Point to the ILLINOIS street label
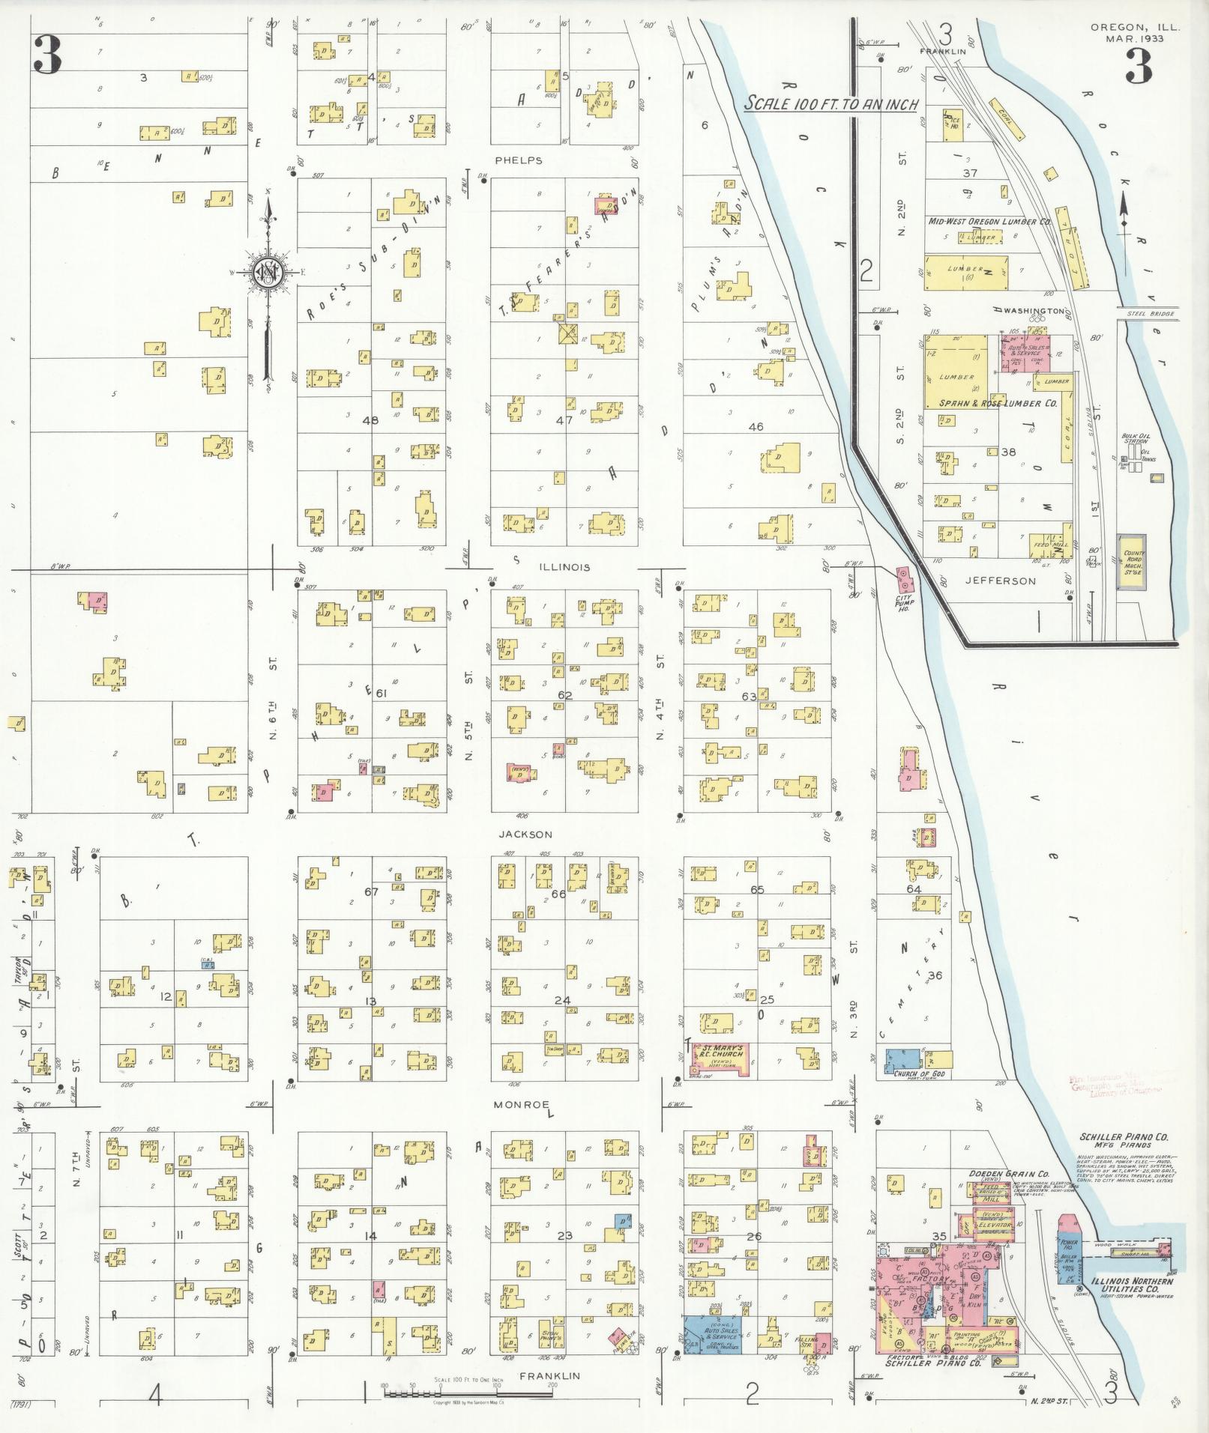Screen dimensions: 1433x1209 point(563,568)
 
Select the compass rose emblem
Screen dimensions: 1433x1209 point(267,271)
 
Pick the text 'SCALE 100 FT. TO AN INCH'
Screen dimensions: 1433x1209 point(831,105)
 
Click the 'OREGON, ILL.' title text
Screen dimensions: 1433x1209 point(1135,28)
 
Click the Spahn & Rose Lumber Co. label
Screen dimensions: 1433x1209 point(998,403)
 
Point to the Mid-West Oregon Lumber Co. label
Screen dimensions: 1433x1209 point(989,222)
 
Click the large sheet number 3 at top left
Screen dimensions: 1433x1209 point(46,57)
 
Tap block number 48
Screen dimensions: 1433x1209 point(370,420)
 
